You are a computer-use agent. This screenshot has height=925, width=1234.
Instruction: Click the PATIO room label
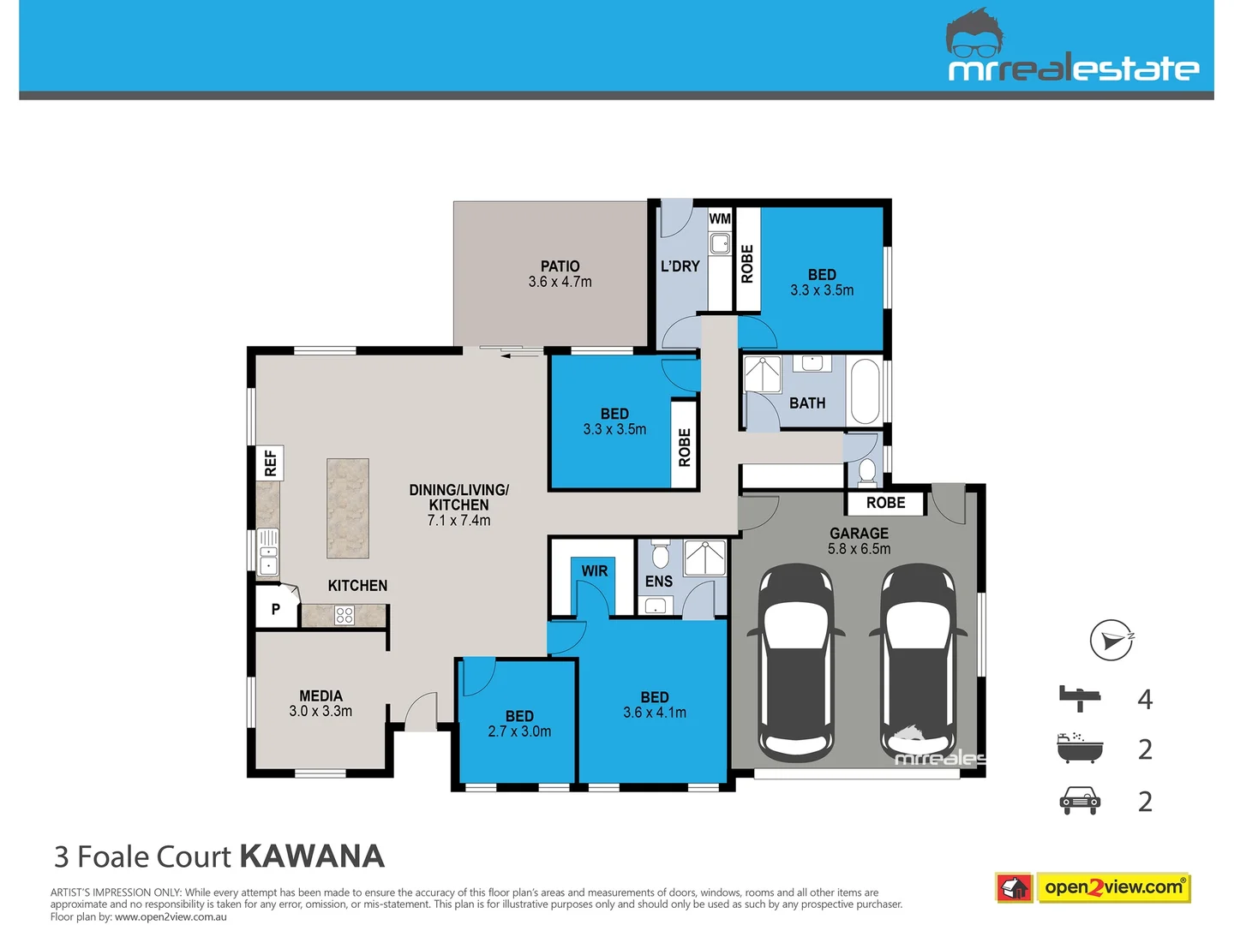[560, 266]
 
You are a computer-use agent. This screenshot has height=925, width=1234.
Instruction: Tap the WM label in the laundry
[720, 219]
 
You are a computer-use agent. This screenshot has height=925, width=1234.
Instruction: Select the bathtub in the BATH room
[865, 391]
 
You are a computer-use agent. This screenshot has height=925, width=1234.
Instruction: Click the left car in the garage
[796, 662]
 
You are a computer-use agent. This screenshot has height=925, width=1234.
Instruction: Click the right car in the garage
[919, 662]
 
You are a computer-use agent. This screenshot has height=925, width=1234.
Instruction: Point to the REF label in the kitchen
[271, 462]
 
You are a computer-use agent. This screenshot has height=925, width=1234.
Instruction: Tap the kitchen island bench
[348, 509]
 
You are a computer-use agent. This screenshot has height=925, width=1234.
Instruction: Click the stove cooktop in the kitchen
[344, 615]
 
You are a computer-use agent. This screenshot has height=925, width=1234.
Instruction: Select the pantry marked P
[276, 609]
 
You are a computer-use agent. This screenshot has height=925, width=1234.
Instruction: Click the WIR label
[594, 571]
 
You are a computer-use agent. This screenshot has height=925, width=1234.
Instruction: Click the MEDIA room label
[320, 695]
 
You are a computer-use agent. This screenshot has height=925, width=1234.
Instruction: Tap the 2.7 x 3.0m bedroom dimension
[519, 731]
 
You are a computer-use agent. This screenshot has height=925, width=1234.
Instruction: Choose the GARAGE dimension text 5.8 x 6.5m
[859, 549]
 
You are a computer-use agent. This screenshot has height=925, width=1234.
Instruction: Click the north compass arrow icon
[1111, 640]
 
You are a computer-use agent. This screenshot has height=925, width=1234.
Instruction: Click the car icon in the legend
[1080, 801]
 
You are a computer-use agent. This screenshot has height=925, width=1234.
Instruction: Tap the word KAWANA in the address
[312, 856]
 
